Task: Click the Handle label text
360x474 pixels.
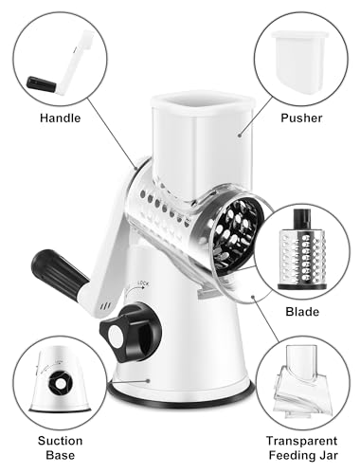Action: point(61,118)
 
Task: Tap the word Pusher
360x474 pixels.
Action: point(301,118)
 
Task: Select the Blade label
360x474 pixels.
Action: point(302,312)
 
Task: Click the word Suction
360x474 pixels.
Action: point(61,441)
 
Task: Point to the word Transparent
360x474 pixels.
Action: point(301,441)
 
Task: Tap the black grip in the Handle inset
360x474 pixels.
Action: point(42,83)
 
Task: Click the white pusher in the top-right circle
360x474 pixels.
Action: point(299,62)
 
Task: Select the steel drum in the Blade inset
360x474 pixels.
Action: point(302,257)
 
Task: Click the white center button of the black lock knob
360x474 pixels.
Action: point(117,335)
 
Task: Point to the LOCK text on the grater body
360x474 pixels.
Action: point(143,283)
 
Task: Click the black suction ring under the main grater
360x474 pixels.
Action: point(181,399)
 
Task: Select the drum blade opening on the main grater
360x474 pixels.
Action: point(236,234)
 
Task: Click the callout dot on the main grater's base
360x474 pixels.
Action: point(148,381)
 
